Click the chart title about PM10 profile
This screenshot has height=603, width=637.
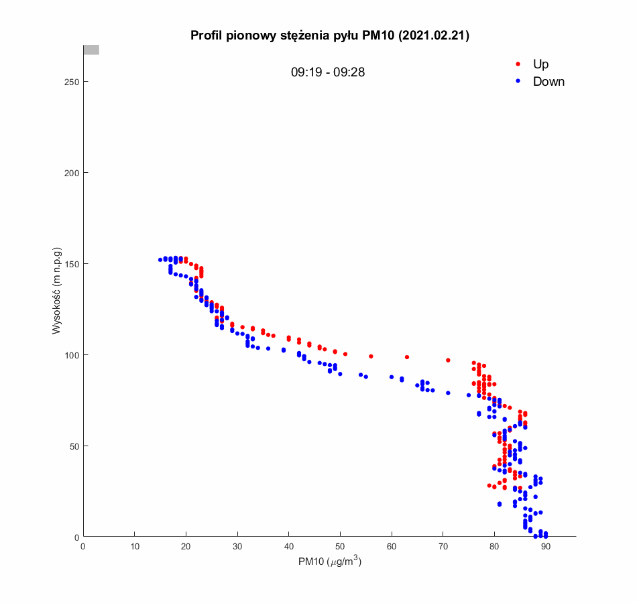pyautogui.click(x=329, y=36)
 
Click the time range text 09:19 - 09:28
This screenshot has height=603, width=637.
pyautogui.click(x=328, y=72)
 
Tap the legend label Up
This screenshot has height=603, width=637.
pyautogui.click(x=540, y=64)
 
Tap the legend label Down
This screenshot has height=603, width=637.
pyautogui.click(x=548, y=82)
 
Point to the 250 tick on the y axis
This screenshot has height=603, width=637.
pyautogui.click(x=72, y=82)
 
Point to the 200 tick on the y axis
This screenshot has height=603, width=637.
pyautogui.click(x=72, y=173)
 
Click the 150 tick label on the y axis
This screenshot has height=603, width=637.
pyautogui.click(x=72, y=264)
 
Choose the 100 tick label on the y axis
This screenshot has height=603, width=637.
pyautogui.click(x=72, y=355)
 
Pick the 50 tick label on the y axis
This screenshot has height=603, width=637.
pyautogui.click(x=74, y=446)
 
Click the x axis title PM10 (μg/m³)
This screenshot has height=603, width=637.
pyautogui.click(x=330, y=562)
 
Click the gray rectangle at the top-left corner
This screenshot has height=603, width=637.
pyautogui.click(x=91, y=50)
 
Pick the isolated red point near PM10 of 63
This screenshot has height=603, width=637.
pyautogui.click(x=407, y=357)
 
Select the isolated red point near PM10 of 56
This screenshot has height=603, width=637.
pyautogui.click(x=371, y=356)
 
